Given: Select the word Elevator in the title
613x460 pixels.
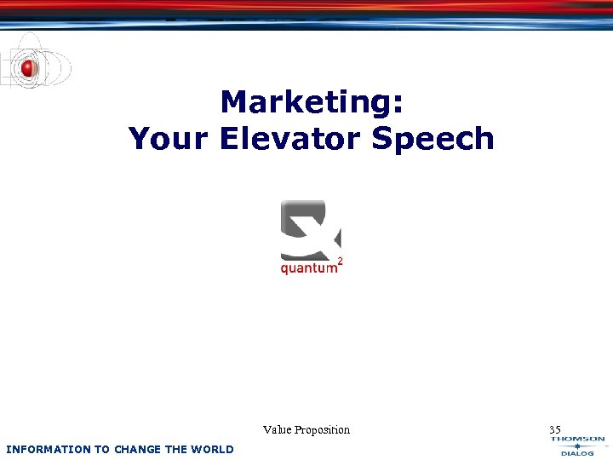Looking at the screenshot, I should pyautogui.click(x=292, y=139).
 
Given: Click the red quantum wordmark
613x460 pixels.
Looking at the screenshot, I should pyautogui.click(x=308, y=269).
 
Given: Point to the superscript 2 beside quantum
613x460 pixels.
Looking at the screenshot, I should pyautogui.click(x=341, y=259).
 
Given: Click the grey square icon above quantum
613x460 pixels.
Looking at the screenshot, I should pyautogui.click(x=309, y=227).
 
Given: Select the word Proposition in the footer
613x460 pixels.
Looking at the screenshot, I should pyautogui.click(x=323, y=430).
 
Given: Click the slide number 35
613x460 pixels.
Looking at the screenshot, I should pyautogui.click(x=555, y=429).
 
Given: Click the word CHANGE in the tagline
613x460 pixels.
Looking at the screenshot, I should pyautogui.click(x=136, y=449).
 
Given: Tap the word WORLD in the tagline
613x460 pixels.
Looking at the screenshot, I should pyautogui.click(x=212, y=449).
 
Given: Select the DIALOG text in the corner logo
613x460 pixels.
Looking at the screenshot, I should pyautogui.click(x=577, y=454).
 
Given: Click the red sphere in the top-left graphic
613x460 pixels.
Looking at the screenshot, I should pyautogui.click(x=29, y=67).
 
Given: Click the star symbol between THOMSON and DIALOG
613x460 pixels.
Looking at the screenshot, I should pyautogui.click(x=577, y=446).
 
